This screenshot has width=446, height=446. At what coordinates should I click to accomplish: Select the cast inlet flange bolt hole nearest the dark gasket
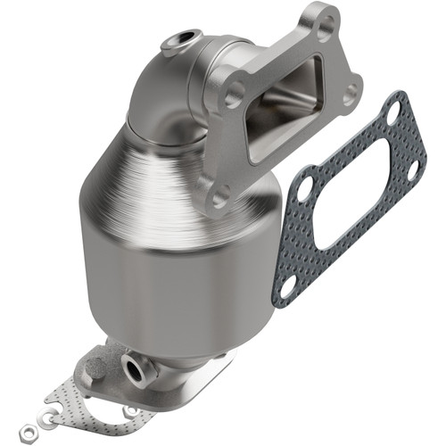click(349, 91)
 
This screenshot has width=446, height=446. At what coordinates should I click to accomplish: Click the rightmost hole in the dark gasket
click(412, 167)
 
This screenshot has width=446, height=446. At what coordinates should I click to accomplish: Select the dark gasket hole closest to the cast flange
click(303, 189)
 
